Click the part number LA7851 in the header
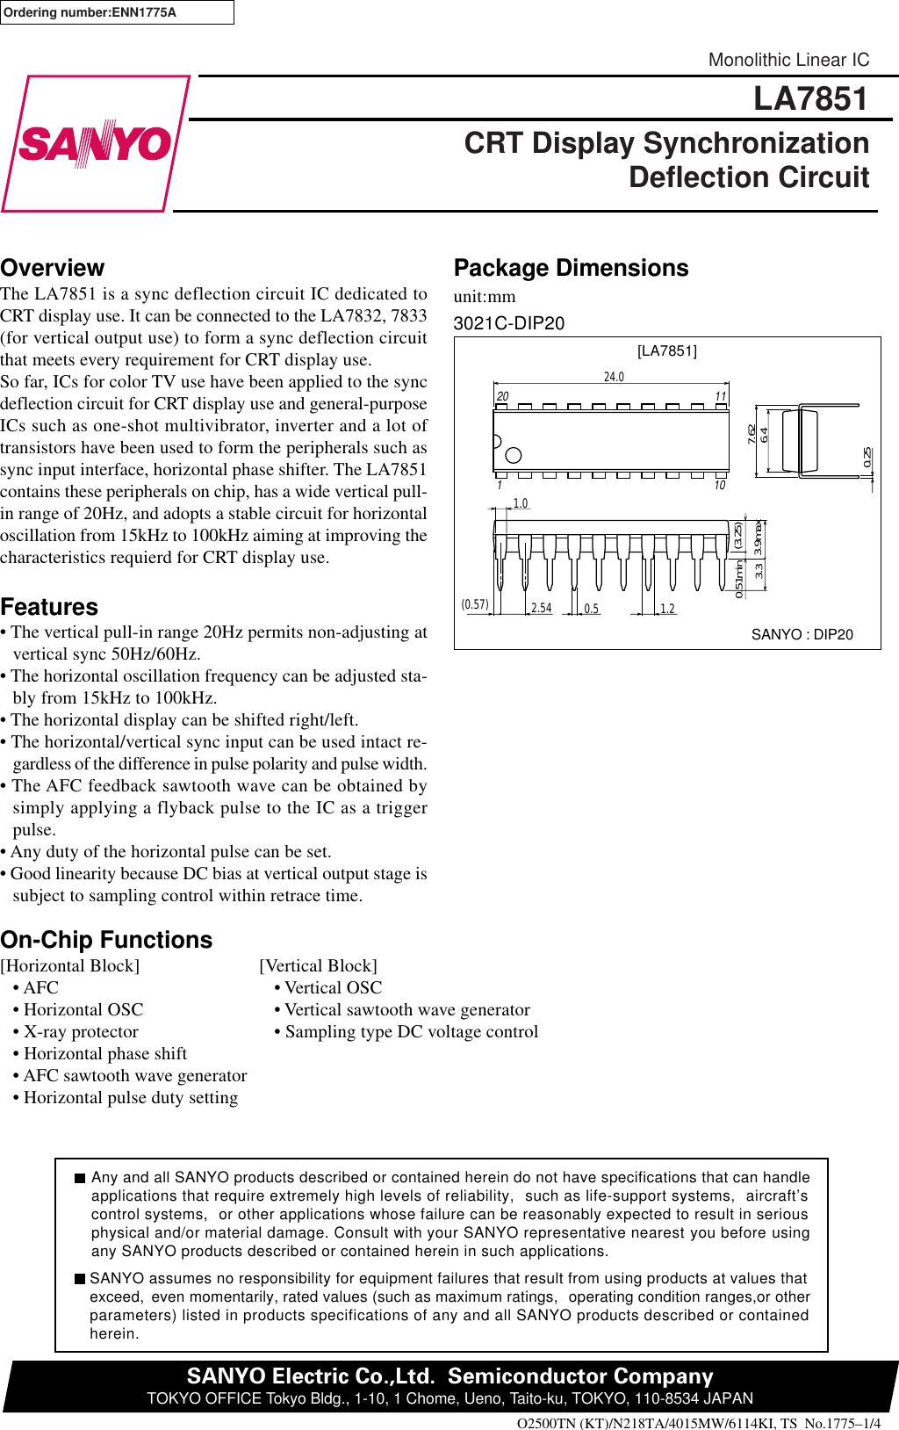coord(810,98)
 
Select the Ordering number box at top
coord(116,12)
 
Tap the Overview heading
coord(53,268)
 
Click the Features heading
coord(49,607)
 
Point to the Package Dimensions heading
coord(571,268)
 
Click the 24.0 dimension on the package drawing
coord(614,377)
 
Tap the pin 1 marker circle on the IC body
coord(514,455)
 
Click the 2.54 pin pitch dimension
coord(541,608)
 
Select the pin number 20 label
coord(502,396)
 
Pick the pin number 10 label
coord(719,486)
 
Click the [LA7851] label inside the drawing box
coord(667,350)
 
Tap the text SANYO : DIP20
coord(802,634)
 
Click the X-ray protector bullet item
coord(81,1031)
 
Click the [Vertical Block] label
coord(318,965)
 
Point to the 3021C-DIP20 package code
coord(509,323)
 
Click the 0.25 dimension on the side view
coord(867,457)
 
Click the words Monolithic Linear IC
coord(788,60)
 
